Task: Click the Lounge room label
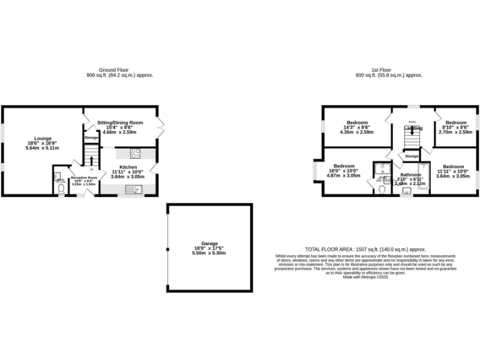coord(42,139)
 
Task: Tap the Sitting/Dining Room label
coord(120,122)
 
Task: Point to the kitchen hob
coord(136,152)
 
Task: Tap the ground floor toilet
coord(61,187)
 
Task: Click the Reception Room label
coord(84,178)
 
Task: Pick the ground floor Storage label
coord(91,137)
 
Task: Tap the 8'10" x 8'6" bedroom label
coord(456,122)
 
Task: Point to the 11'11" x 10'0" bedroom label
coord(455,167)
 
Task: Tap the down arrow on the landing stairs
coord(411,131)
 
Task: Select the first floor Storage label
coord(411,156)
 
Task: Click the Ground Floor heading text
coord(113,70)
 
